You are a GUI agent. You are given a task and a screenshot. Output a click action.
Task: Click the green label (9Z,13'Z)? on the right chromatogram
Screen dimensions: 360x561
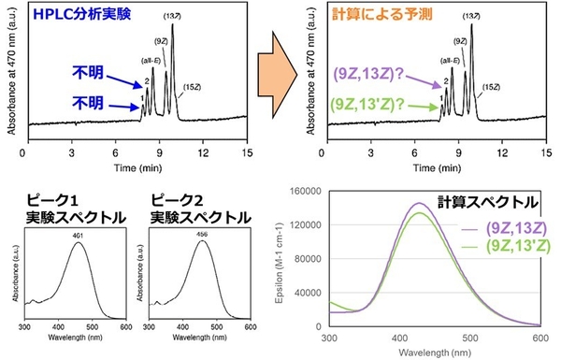pyautogui.click(x=366, y=107)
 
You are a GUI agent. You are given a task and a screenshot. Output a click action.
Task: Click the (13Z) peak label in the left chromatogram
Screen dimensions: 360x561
pyautogui.click(x=171, y=15)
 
